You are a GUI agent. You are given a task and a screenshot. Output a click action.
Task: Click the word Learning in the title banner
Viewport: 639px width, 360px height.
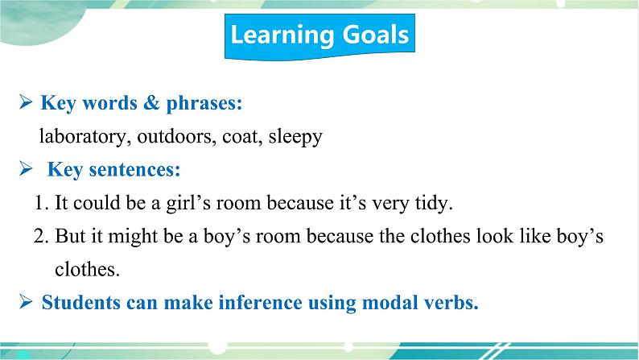pyautogui.click(x=282, y=35)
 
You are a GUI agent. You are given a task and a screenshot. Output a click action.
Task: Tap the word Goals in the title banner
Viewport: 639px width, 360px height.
pyautogui.click(x=375, y=34)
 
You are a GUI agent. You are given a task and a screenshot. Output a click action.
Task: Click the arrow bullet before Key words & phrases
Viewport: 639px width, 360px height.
pyautogui.click(x=26, y=102)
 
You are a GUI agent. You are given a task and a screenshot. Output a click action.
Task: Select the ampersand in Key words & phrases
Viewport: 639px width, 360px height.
pyautogui.click(x=151, y=102)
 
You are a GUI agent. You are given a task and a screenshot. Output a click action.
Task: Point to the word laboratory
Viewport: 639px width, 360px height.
pyautogui.click(x=82, y=137)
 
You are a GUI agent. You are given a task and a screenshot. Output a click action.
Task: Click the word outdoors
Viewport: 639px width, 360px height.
pyautogui.click(x=176, y=137)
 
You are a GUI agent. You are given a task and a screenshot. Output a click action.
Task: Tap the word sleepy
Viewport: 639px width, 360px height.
pyautogui.click(x=295, y=138)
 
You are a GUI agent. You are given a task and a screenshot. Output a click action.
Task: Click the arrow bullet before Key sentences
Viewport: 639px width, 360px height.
pyautogui.click(x=26, y=169)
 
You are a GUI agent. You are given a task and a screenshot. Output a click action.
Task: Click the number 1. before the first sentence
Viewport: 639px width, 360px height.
pyautogui.click(x=42, y=203)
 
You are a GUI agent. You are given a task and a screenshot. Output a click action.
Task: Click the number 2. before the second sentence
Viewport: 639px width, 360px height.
pyautogui.click(x=41, y=236)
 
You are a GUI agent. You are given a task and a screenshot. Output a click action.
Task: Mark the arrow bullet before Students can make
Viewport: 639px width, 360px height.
pyautogui.click(x=26, y=302)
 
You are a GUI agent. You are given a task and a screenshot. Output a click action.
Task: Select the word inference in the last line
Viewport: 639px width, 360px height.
pyautogui.click(x=260, y=303)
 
